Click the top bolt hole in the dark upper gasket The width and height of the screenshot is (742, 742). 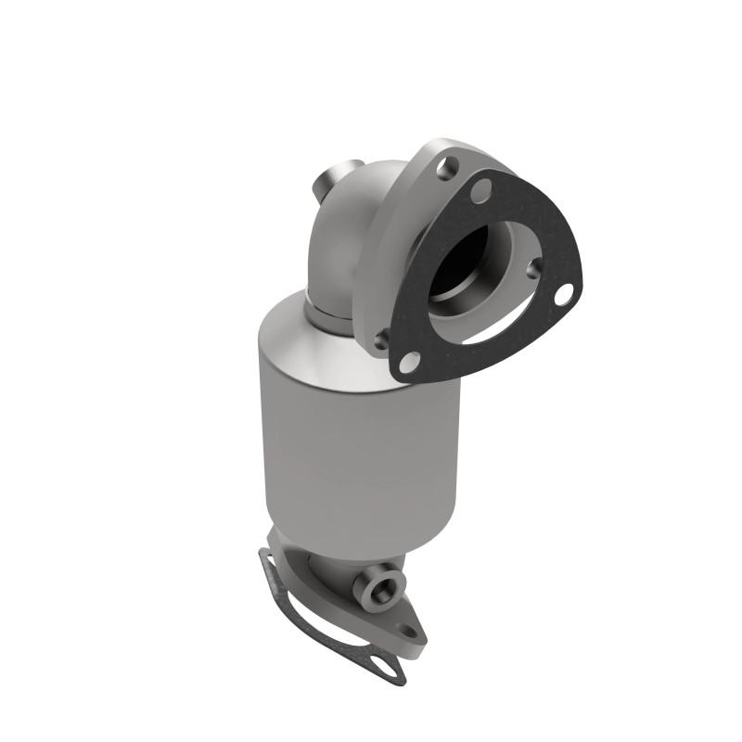click(x=480, y=191)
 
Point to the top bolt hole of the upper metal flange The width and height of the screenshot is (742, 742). click(x=449, y=169)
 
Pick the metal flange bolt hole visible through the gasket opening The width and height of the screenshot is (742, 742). click(x=535, y=268)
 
